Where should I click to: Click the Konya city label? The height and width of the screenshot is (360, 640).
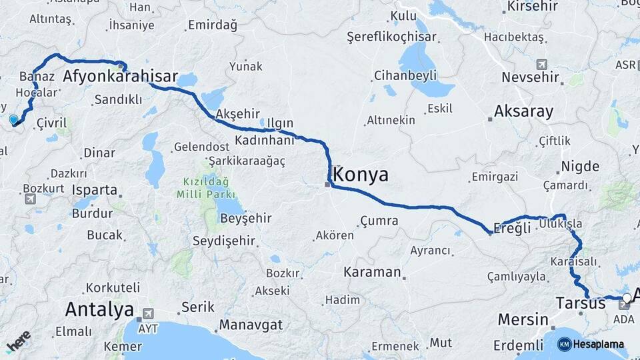click(360, 175)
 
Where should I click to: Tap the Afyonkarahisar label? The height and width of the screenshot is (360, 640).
click(120, 77)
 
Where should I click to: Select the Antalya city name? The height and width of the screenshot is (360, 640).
click(99, 309)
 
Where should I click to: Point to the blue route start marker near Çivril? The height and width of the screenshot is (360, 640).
click(13, 120)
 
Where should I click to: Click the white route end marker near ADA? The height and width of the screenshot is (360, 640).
click(626, 298)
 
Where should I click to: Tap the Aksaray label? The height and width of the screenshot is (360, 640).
click(524, 111)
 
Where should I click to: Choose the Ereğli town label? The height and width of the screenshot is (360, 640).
click(514, 228)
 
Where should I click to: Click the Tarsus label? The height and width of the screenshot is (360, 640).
click(581, 303)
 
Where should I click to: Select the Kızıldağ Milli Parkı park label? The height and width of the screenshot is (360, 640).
click(206, 188)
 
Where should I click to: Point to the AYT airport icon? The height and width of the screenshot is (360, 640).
click(147, 312)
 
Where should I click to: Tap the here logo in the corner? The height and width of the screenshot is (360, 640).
click(19, 343)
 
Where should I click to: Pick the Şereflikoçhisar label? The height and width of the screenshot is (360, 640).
click(391, 37)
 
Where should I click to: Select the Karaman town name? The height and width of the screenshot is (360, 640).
click(372, 272)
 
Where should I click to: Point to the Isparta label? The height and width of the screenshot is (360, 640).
click(95, 189)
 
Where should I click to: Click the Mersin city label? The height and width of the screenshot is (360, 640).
click(523, 320)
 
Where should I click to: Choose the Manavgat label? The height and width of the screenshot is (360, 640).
click(251, 325)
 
